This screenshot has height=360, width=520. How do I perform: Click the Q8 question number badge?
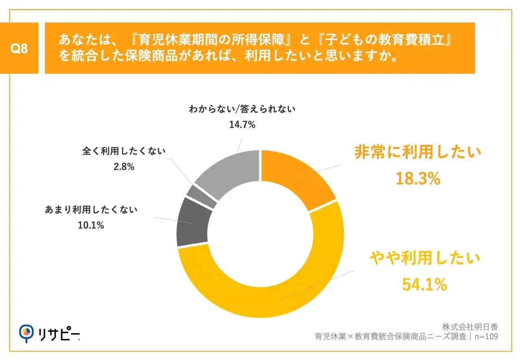pyautogui.click(x=19, y=48)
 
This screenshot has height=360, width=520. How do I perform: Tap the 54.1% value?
pyautogui.click(x=425, y=285)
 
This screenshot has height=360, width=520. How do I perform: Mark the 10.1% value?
pyautogui.click(x=91, y=225)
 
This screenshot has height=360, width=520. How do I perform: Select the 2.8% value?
pyautogui.click(x=124, y=166)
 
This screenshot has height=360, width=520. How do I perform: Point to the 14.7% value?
pyautogui.click(x=242, y=125)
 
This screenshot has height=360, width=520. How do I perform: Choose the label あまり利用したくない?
pyautogui.click(x=91, y=210)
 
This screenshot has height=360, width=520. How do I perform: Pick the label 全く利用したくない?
pyautogui.click(x=124, y=152)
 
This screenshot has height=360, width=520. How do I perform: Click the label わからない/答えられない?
pyautogui.click(x=242, y=109)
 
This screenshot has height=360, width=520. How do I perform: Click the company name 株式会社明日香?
pyautogui.click(x=470, y=327)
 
